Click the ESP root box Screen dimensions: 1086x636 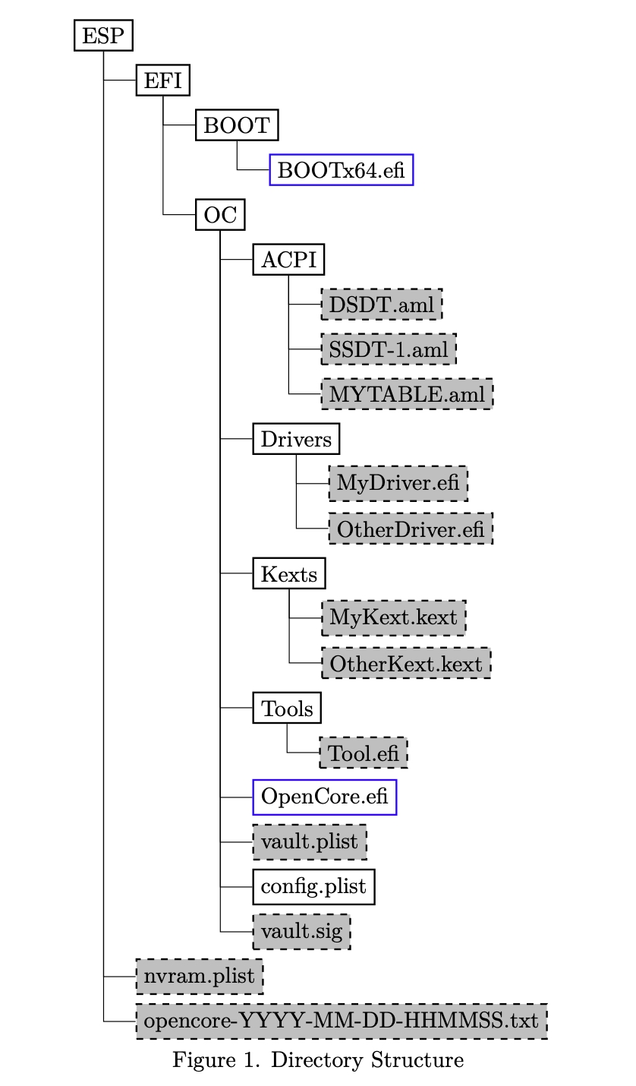coord(102,36)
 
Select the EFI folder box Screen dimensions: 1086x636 coord(162,81)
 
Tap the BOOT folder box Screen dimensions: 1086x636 coord(237,125)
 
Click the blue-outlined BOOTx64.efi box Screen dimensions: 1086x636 coord(341,170)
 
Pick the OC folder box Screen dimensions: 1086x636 coord(219,215)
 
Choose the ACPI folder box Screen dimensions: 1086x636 coord(288,260)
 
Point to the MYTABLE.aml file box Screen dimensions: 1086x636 coord(407,394)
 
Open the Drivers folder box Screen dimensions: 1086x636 coord(296,439)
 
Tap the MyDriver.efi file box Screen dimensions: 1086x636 coord(398,484)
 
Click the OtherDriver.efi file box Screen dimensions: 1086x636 coord(410,529)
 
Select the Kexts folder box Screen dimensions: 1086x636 coord(288,573)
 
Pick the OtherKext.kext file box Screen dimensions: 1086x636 coord(405,664)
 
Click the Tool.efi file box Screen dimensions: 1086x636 coord(364,753)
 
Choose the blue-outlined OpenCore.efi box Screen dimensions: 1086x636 coord(324,797)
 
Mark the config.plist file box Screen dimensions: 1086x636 coord(313,886)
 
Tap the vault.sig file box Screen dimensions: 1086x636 coord(301,931)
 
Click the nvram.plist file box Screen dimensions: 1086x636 coord(199,976)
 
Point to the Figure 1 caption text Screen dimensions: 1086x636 coord(317,1060)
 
